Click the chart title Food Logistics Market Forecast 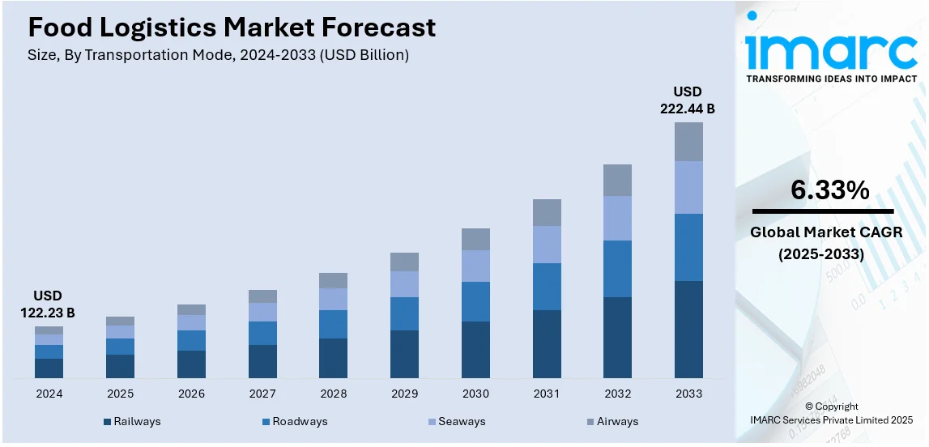pos(232,28)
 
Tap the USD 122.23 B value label pos(48,304)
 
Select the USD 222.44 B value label pos(688,100)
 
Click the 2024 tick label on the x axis pos(49,394)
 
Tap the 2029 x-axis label pos(404,394)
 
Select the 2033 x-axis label pos(688,394)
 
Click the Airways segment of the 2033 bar pos(688,142)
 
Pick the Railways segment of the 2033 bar pos(688,329)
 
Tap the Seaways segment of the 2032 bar pos(617,218)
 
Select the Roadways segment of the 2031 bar pos(547,287)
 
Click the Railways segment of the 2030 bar pos(475,349)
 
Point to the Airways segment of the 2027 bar pos(262,296)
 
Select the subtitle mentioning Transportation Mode pos(219,56)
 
